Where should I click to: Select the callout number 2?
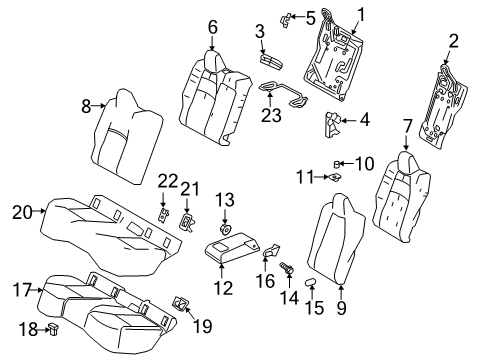(x=453, y=42)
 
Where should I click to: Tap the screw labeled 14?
(x=288, y=269)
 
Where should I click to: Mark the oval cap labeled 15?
(x=311, y=284)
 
